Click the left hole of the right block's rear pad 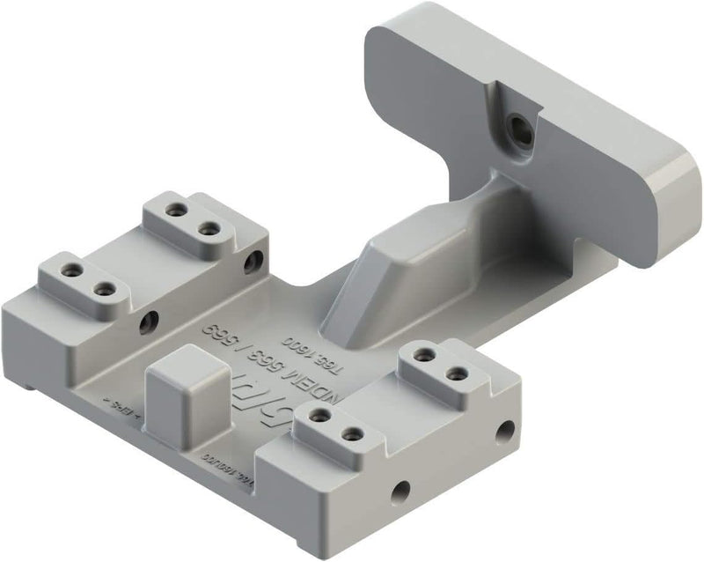tap(424, 355)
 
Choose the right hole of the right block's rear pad tap(456, 374)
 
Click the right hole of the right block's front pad tap(351, 433)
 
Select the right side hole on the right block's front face tap(504, 430)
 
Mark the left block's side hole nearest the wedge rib tap(255, 260)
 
